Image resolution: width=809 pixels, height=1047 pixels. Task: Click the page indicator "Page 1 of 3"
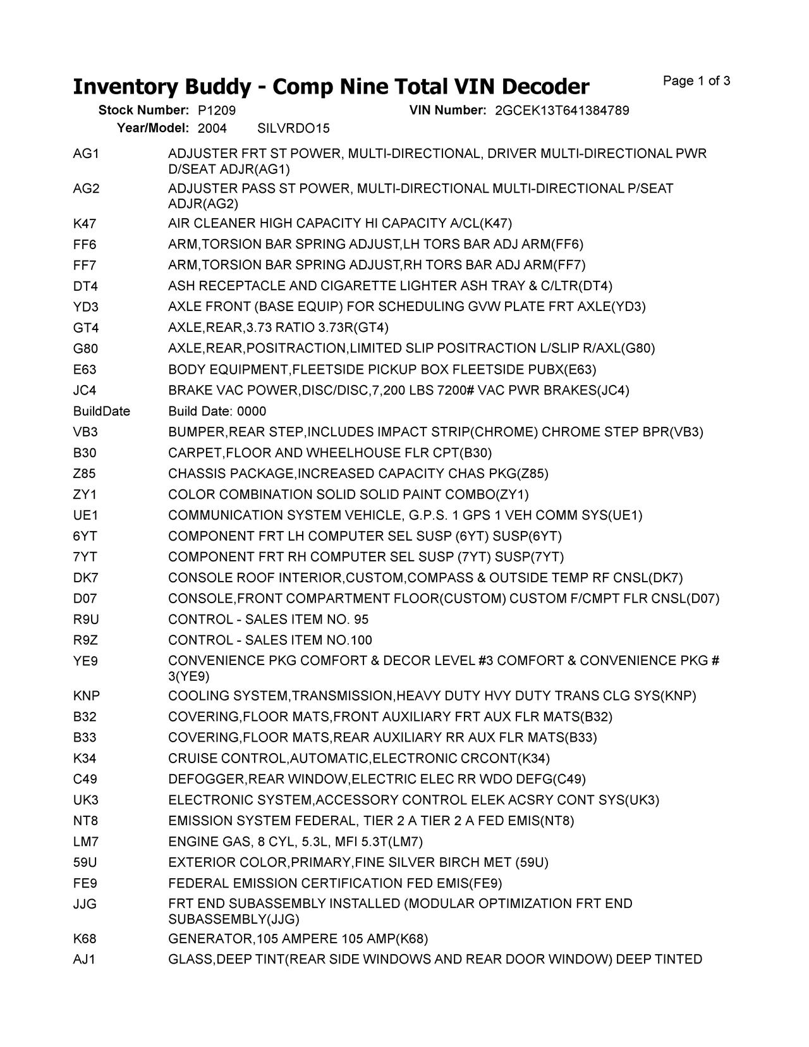[x=696, y=81]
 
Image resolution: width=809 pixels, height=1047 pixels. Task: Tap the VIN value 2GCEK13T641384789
[x=562, y=111]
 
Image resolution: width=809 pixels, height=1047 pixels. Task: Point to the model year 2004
[x=212, y=129]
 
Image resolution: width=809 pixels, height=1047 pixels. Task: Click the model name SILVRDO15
[x=294, y=129]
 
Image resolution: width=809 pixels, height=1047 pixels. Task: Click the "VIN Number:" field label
[x=447, y=111]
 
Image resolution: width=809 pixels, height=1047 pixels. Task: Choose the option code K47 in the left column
[x=85, y=224]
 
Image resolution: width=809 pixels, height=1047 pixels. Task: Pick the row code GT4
[x=86, y=328]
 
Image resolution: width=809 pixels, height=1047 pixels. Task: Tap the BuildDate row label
[x=102, y=412]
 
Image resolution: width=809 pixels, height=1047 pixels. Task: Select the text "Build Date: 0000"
[x=217, y=412]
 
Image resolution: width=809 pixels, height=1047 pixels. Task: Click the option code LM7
[x=86, y=842]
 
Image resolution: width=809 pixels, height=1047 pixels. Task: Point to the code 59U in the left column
[x=85, y=863]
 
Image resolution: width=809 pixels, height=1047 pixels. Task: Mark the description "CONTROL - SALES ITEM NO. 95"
[x=269, y=620]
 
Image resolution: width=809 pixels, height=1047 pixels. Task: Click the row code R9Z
[x=85, y=640]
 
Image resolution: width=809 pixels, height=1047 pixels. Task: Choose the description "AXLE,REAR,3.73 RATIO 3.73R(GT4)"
[x=279, y=328]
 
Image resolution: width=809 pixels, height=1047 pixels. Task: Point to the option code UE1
[x=85, y=516]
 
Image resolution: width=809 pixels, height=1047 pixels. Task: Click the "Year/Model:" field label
[x=153, y=129]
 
